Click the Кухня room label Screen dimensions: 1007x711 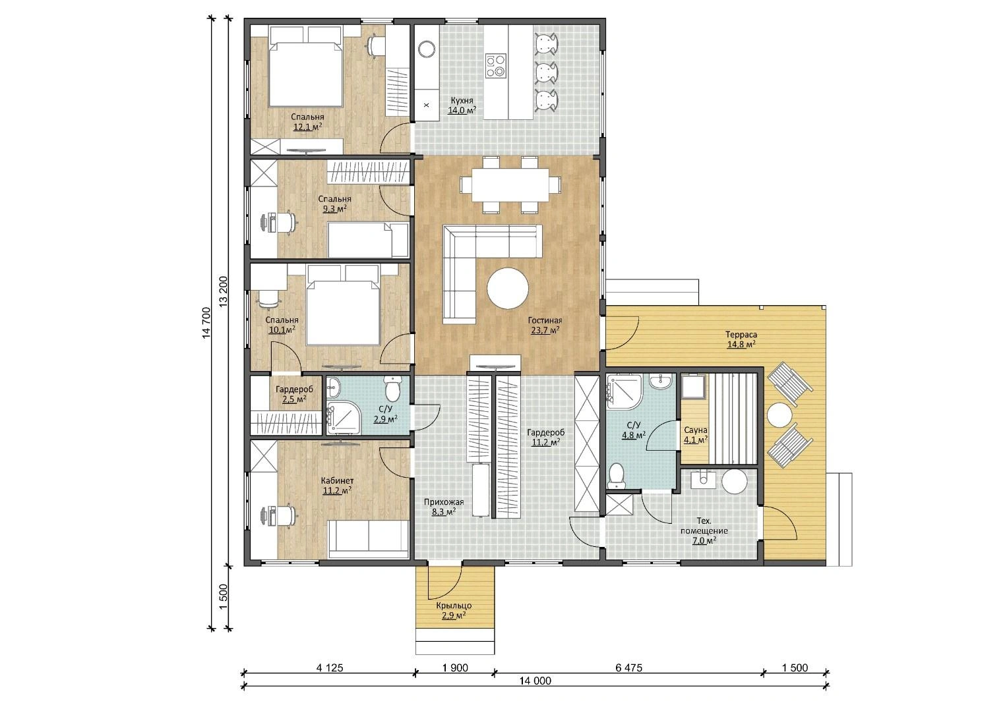point(462,100)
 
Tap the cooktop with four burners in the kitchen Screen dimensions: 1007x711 point(496,66)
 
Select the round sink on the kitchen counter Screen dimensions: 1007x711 point(426,49)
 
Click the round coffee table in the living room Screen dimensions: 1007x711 point(508,288)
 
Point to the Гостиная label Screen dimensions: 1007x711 point(545,321)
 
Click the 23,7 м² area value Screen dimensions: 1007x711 point(545,331)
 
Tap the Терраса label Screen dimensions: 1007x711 point(741,335)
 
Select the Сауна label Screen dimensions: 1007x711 point(696,430)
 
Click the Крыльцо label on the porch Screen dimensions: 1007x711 point(454,606)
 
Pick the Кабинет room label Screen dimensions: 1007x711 point(337,480)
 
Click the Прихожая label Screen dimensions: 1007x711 point(444,501)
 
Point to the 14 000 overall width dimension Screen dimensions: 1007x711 point(535,681)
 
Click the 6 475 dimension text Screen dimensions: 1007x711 point(629,668)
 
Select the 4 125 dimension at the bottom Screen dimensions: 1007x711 point(330,668)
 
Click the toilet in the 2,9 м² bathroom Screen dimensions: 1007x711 point(392,389)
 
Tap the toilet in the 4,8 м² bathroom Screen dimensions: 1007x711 point(616,476)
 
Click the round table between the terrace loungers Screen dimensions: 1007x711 point(779,414)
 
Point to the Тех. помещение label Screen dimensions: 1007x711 point(704,525)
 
